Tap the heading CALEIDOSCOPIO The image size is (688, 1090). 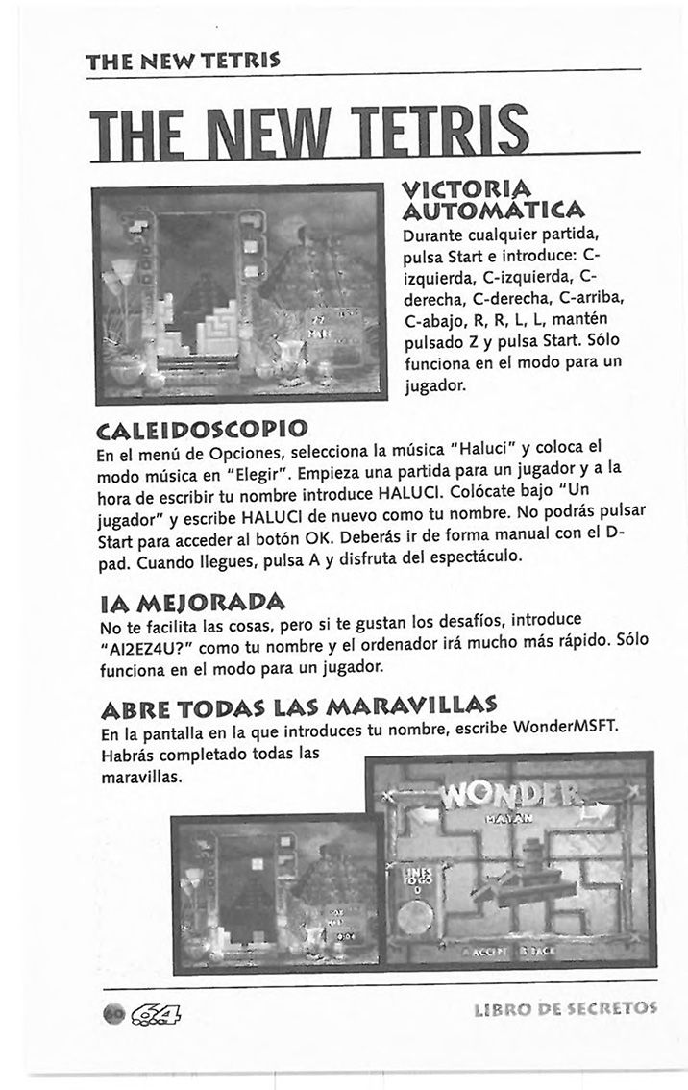pos(204,425)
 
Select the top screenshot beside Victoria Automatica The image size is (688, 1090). pos(241,292)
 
